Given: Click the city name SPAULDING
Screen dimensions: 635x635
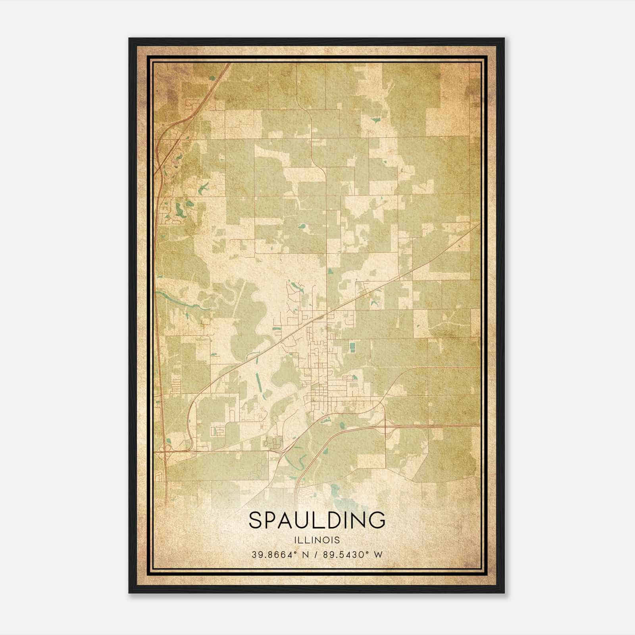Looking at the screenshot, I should [x=317, y=520].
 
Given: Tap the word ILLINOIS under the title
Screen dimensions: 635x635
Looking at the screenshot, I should [x=317, y=540].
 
